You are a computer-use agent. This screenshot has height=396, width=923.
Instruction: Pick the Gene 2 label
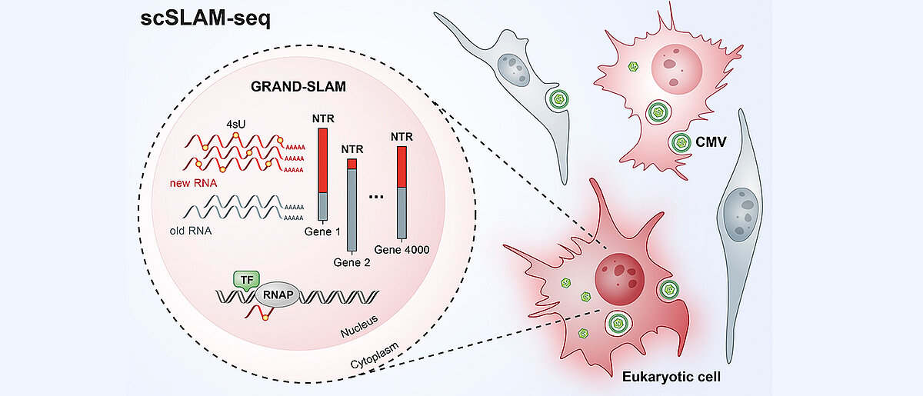353,261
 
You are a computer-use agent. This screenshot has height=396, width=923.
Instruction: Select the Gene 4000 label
402,249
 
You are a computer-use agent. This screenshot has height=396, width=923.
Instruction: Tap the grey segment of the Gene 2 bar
352,208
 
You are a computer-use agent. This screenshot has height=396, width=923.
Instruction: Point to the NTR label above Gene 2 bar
352,149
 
